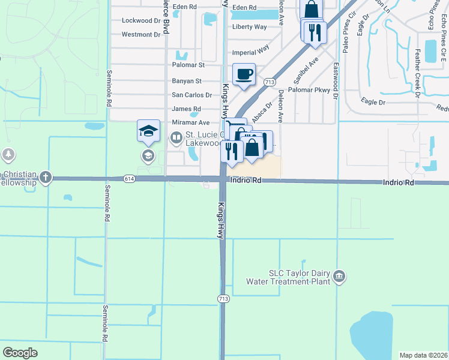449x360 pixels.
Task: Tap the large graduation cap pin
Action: pos(148,131)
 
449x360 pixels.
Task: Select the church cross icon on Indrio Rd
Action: pos(46,177)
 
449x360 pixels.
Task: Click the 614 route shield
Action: pos(130,179)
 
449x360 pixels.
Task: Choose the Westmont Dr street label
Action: pos(141,34)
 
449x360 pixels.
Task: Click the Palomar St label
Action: pos(188,64)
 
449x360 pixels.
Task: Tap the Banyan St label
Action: pos(187,80)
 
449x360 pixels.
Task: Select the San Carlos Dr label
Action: pos(192,95)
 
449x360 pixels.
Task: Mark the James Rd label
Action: pos(186,109)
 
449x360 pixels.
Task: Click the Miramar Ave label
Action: pos(191,122)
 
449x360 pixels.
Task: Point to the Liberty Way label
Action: pos(249,27)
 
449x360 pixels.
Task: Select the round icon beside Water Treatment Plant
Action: pos(339,276)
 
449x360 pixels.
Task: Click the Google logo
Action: pos(20,353)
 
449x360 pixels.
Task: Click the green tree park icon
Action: pos(8,155)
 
